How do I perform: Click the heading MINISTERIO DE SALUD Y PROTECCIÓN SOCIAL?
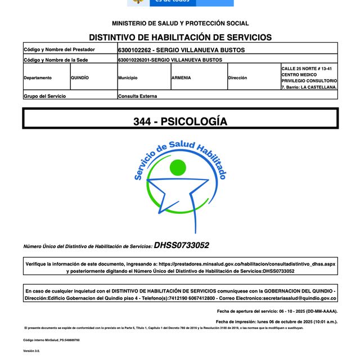180,24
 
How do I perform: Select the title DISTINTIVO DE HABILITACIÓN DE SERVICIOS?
180,37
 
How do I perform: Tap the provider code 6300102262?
134,49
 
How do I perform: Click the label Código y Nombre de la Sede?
56,59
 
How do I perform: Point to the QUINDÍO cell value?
80,78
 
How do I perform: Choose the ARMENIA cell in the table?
181,78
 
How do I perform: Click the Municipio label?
128,78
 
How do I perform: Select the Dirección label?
237,78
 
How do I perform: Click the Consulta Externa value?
138,96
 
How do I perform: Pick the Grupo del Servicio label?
44,96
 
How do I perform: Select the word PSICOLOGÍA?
195,121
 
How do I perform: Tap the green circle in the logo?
178,168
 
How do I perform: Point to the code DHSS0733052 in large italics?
182,245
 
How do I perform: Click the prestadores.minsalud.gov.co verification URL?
247,263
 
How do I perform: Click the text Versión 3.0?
31,351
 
